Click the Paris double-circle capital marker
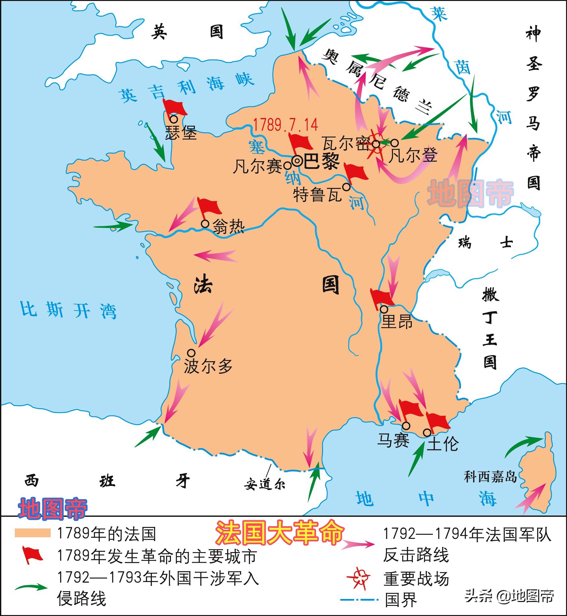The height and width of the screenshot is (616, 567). tap(297, 161)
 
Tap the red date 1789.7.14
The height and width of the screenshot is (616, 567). tap(286, 125)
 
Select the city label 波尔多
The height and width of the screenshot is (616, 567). tap(208, 366)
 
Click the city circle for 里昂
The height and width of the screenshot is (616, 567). tap(384, 309)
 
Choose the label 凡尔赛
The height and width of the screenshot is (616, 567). tap(258, 166)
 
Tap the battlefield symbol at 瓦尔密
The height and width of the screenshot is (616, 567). tap(376, 144)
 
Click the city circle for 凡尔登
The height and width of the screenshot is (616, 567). tap(394, 143)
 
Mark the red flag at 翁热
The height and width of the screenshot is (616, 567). tap(209, 207)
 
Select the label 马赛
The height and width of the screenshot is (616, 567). tap(393, 440)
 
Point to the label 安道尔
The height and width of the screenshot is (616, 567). tap(264, 484)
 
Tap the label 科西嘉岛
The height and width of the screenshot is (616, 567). tap(490, 477)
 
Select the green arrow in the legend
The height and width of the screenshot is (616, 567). tap(31, 587)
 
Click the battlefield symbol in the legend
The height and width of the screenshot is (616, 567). tap(359, 578)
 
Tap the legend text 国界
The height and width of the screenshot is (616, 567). tap(401, 600)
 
